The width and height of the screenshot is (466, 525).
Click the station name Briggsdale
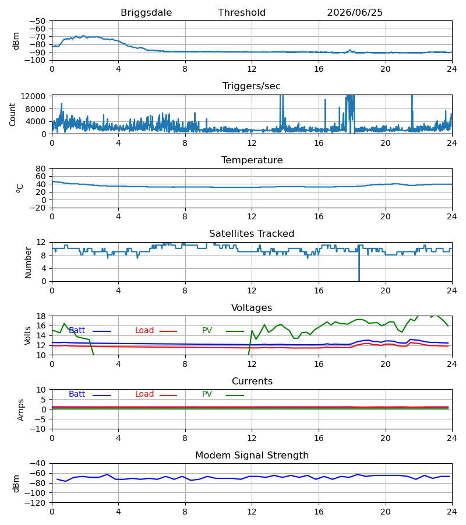tap(146, 13)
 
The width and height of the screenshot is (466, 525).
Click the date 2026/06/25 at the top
tap(355, 13)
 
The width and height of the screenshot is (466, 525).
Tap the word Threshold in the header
tap(242, 13)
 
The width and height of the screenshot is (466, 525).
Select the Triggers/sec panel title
tap(252, 86)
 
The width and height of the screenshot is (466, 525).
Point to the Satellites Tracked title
tap(252, 234)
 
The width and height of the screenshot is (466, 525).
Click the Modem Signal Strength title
tap(252, 456)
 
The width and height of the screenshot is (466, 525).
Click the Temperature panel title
tap(252, 160)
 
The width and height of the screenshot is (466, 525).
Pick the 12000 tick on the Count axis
tap(33, 96)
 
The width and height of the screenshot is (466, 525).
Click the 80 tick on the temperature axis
tap(41, 169)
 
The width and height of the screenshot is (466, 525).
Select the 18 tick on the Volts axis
tap(41, 316)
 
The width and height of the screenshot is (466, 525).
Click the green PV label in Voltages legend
tap(207, 331)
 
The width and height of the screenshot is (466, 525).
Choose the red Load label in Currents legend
tap(144, 394)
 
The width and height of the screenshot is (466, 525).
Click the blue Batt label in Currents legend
tap(77, 394)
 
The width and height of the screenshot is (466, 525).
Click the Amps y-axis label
tap(21, 410)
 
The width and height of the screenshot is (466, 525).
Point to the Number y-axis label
tap(28, 263)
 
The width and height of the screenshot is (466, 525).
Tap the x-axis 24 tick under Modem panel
tap(452, 512)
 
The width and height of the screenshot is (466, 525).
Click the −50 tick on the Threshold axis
tap(37, 21)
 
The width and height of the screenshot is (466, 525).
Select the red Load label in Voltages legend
tap(144, 331)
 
